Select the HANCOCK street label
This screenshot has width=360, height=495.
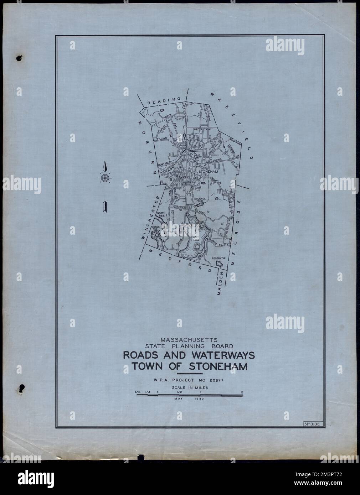[x=181, y=176]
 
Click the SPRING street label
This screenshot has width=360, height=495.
[x=217, y=161]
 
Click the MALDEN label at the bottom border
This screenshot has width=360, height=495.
[x=220, y=283]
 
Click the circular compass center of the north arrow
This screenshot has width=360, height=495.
[x=104, y=178]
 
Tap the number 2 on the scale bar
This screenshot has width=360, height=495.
[x=242, y=393]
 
